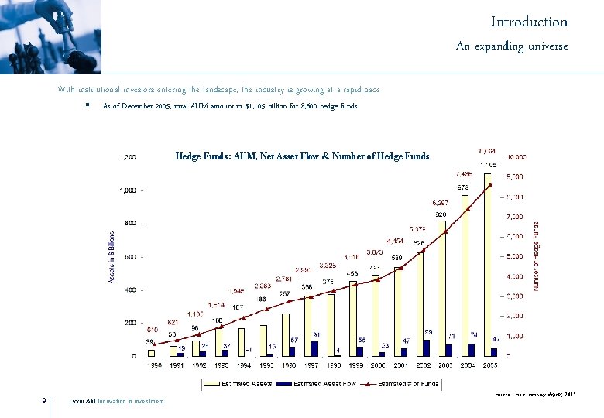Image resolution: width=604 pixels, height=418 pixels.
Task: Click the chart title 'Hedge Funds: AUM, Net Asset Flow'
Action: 302,156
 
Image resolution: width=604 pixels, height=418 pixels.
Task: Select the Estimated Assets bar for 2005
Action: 488,263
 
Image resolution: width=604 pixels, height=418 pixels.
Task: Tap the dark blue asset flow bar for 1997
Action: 314,348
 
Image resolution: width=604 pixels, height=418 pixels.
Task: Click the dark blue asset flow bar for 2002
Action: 427,348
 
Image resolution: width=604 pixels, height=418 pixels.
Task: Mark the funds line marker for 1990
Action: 154,343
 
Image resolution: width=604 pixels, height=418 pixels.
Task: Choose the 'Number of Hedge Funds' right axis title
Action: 536,256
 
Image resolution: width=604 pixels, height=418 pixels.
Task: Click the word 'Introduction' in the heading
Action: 529,22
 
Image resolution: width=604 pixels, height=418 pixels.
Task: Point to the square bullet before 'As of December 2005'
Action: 88,105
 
